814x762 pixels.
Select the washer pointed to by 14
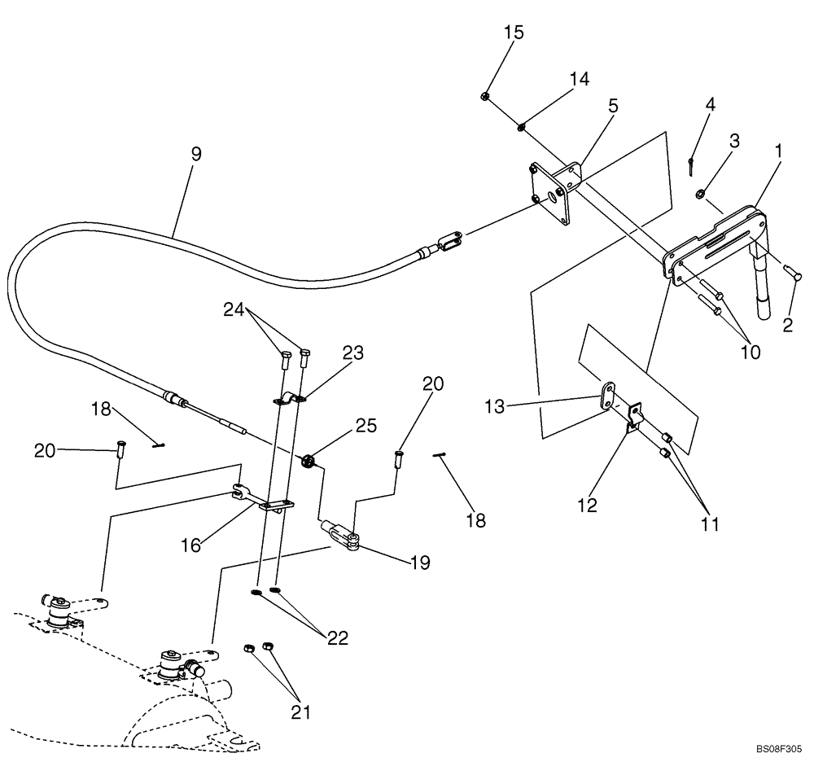click(521, 126)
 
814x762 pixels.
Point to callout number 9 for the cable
click(197, 154)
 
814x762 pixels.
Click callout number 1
click(779, 151)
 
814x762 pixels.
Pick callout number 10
click(751, 353)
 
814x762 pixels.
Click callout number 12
click(587, 506)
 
